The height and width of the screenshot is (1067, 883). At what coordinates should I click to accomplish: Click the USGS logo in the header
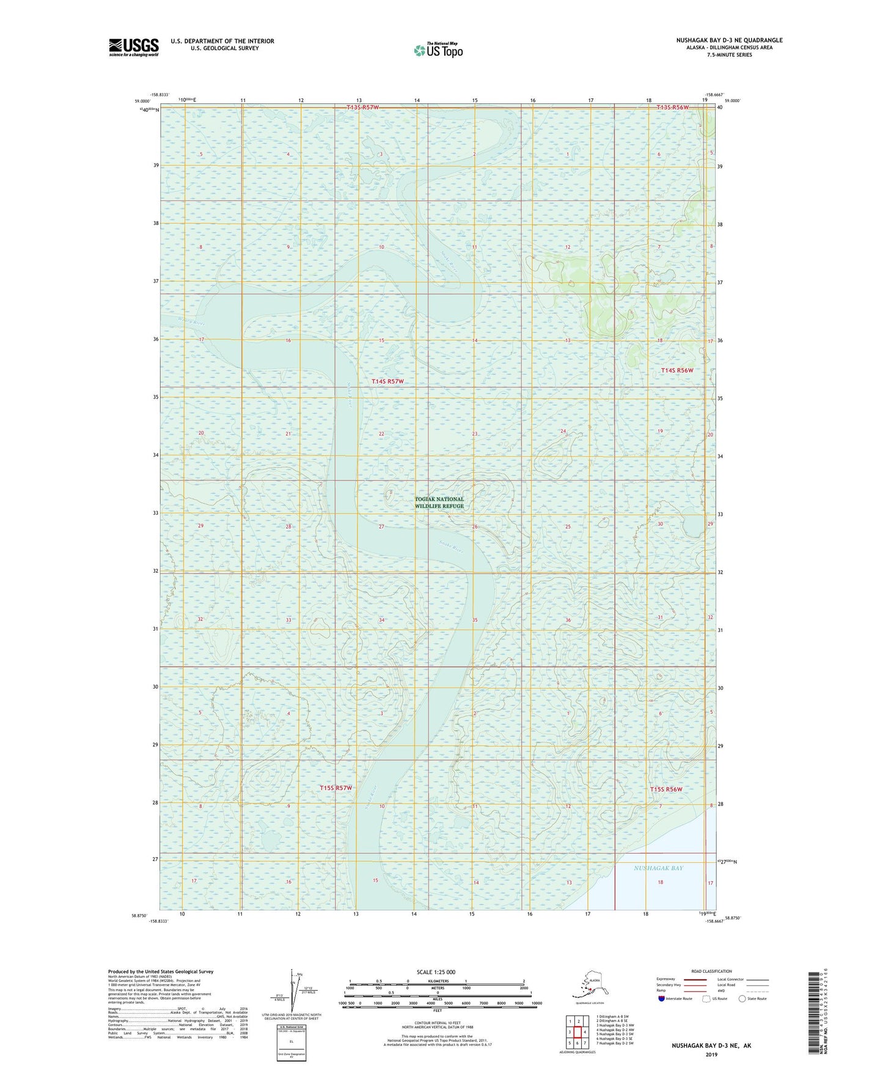tap(133, 47)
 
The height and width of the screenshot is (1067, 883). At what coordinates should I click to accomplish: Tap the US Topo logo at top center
tap(438, 50)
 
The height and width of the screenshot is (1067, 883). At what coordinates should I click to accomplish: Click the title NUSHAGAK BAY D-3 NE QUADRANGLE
tap(728, 40)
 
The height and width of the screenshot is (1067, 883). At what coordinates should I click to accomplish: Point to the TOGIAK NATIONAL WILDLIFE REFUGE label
tap(439, 502)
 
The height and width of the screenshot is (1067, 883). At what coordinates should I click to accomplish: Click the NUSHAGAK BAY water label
tap(658, 868)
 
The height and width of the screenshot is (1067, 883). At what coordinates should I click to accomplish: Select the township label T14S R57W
tap(388, 381)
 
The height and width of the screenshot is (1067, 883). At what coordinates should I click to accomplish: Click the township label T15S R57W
tap(336, 788)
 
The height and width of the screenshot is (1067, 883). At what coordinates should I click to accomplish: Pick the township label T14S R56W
tap(677, 370)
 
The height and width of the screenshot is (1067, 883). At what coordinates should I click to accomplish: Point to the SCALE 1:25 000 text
tap(436, 972)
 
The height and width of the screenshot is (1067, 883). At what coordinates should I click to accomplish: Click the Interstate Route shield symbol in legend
tap(662, 999)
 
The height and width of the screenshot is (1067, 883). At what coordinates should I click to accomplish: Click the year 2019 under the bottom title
tap(711, 1054)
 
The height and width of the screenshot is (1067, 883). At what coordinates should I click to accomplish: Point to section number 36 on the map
tap(568, 620)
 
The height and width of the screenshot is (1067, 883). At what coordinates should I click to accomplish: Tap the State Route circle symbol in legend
tap(742, 999)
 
